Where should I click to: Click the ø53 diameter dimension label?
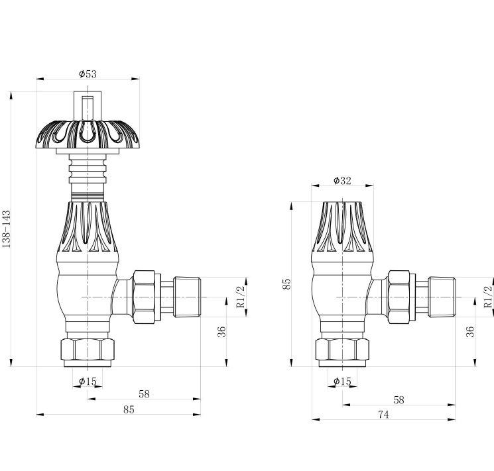click(x=88, y=73)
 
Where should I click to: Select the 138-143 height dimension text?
click(x=7, y=229)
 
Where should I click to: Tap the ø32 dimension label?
click(x=342, y=180)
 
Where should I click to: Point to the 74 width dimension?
click(x=383, y=414)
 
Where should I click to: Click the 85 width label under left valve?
click(x=129, y=409)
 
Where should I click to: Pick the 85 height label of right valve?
click(x=286, y=284)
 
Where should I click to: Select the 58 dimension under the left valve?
click(x=144, y=393)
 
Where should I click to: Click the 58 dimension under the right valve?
click(x=399, y=399)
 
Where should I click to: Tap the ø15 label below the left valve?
click(x=88, y=381)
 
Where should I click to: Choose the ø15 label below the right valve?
click(x=342, y=381)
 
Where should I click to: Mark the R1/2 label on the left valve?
click(x=240, y=295)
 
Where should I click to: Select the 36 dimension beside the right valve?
click(x=470, y=331)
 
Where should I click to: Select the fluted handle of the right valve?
click(x=342, y=229)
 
